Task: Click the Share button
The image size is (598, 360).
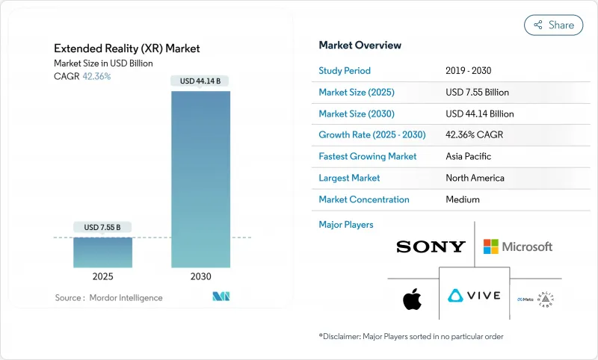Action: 554,25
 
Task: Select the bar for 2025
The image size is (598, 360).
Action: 102,252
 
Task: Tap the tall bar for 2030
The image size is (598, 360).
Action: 200,179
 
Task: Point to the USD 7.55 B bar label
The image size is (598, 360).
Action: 102,227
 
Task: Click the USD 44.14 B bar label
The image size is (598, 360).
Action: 200,80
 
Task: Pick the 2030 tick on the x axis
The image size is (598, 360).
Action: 200,276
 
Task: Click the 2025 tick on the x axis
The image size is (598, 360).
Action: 102,276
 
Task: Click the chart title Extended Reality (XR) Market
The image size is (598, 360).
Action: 126,49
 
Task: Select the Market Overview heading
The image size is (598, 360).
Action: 360,46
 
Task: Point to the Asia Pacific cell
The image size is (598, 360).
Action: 468,157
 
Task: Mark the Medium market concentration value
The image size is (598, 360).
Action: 462,199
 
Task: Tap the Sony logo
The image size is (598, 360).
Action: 431,246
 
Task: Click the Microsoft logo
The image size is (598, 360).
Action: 517,246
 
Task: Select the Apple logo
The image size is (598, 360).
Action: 412,300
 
